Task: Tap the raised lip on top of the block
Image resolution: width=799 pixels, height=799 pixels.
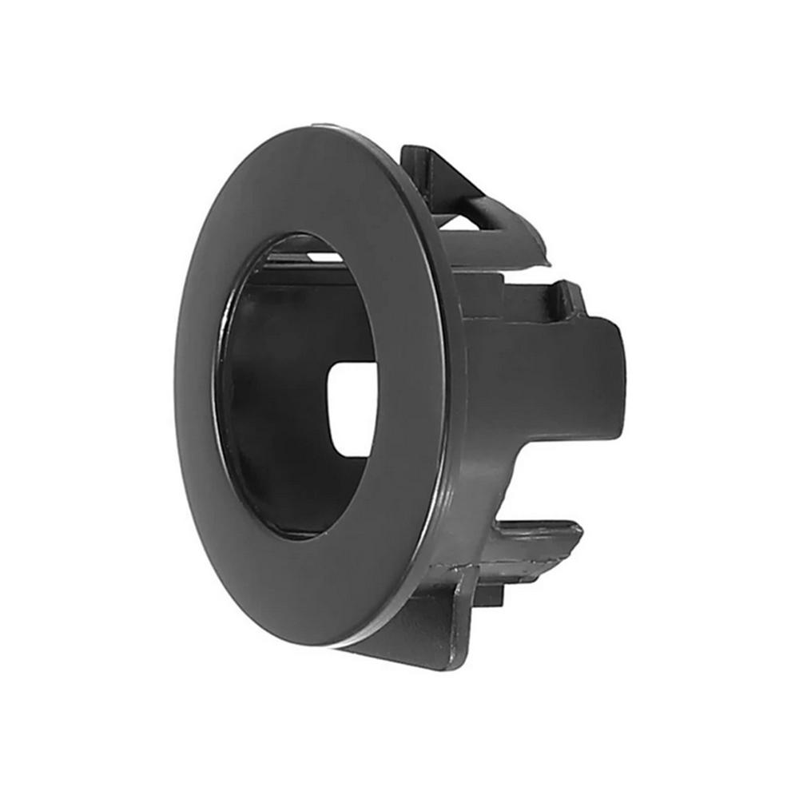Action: [x=559, y=292]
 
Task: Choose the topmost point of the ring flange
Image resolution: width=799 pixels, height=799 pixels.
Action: [x=320, y=125]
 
